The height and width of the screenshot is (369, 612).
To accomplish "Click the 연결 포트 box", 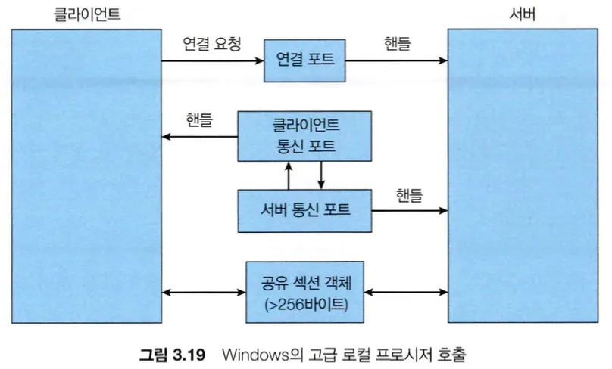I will [304, 60].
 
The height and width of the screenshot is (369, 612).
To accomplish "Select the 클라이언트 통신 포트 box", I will [304, 135].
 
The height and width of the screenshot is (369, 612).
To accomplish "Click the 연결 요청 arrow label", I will [211, 44].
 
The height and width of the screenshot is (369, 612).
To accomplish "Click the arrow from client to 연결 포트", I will [213, 60].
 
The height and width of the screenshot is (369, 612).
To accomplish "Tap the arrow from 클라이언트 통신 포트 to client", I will [200, 137].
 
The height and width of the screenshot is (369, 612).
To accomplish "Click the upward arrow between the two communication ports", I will [289, 175].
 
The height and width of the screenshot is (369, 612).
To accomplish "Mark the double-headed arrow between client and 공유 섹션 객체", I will [205, 292].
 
